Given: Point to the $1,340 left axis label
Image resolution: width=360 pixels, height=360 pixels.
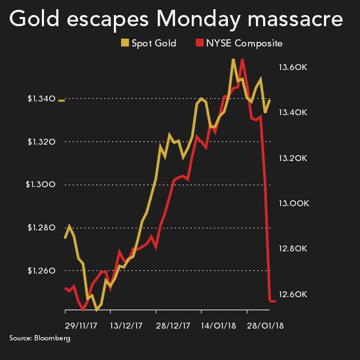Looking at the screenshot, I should [41, 99].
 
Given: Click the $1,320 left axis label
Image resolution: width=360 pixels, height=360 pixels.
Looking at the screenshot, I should [41, 142].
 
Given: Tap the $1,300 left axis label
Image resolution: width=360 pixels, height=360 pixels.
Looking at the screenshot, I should [41, 185].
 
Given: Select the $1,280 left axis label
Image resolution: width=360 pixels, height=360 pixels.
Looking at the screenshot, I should [41, 228].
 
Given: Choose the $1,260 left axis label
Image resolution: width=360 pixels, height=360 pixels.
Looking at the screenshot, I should [41, 270].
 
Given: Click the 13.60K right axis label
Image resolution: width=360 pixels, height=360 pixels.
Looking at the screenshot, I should [294, 67].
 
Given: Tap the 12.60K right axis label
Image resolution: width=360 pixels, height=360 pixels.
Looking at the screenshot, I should [294, 294].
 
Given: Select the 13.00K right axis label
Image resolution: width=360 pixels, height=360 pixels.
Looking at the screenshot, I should [294, 204].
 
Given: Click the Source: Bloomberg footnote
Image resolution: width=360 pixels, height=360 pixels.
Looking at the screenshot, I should [40, 338].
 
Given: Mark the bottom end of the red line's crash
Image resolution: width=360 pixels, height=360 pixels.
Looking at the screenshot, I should [270, 300].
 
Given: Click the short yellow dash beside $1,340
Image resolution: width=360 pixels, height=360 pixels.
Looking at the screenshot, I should [62, 100].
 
